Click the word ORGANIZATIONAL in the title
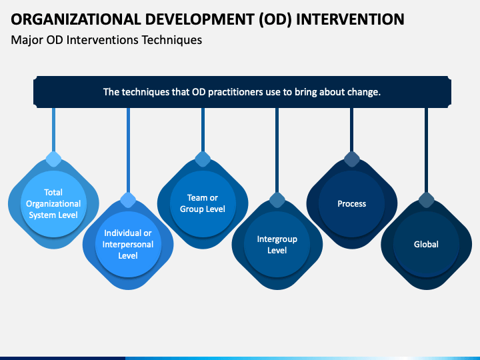pyautogui.click(x=75, y=19)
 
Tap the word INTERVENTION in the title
pyautogui.click(x=350, y=19)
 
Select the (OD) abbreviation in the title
pyautogui.click(x=275, y=19)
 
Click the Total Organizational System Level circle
pyautogui.click(x=53, y=203)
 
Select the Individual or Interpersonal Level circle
pyautogui.click(x=128, y=244)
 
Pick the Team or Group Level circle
pyautogui.click(x=203, y=203)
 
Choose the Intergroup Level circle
pyautogui.click(x=277, y=244)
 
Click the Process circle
pyautogui.click(x=352, y=203)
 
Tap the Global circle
pyautogui.click(x=426, y=244)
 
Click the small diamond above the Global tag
pyautogui.click(x=426, y=200)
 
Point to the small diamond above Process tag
pyautogui.click(x=352, y=159)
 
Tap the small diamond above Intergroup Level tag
pyautogui.click(x=277, y=200)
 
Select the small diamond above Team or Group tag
pyautogui.click(x=203, y=159)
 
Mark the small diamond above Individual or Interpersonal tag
pyautogui.click(x=128, y=200)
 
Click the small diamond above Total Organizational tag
pyautogui.click(x=53, y=159)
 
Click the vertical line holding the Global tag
pyautogui.click(x=426, y=150)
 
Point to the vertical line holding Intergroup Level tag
pyautogui.click(x=277, y=150)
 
